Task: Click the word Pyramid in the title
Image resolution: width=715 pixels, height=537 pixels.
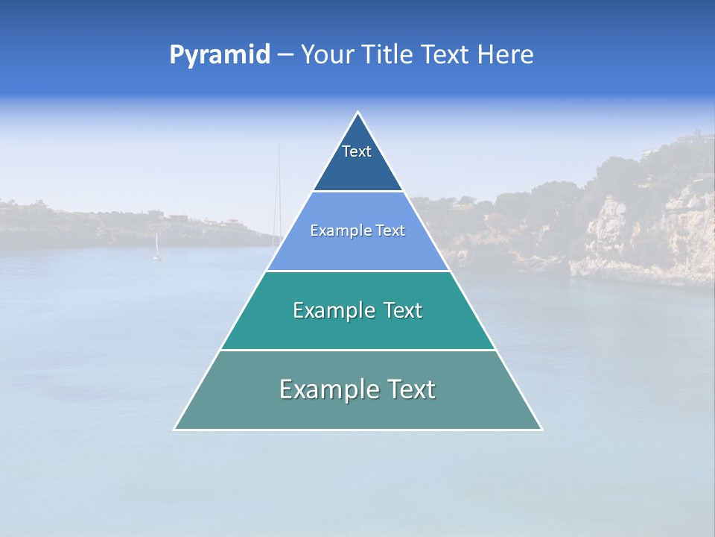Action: point(219,55)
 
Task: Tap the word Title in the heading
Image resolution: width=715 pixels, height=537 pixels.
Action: point(389,54)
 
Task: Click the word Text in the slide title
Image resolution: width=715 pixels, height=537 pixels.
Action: point(445,54)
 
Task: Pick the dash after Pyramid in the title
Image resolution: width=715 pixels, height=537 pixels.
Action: point(285,55)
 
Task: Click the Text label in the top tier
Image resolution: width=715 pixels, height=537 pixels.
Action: point(357,151)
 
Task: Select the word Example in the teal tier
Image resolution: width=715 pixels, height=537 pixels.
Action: point(332,310)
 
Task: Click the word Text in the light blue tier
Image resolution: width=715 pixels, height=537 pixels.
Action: point(391,231)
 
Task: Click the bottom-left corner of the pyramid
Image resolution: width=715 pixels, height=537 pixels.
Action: point(175,429)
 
